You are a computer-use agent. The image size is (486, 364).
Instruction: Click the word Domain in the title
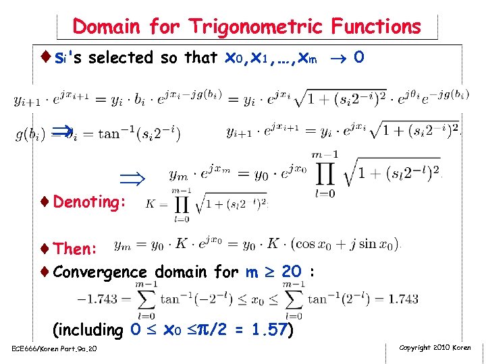pos(107,27)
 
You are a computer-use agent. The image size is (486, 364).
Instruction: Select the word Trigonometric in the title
pos(257,27)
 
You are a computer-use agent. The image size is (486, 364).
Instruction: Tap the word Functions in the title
pos(375,27)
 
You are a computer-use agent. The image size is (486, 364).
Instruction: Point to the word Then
pos(76,249)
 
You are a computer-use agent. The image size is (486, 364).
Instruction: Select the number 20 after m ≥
pos(291,272)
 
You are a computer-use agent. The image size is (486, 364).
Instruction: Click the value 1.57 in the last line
pos(269,330)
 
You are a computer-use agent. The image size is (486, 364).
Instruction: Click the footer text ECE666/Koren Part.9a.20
pos(54,348)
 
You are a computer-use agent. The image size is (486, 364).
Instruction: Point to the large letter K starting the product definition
pos(150,202)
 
